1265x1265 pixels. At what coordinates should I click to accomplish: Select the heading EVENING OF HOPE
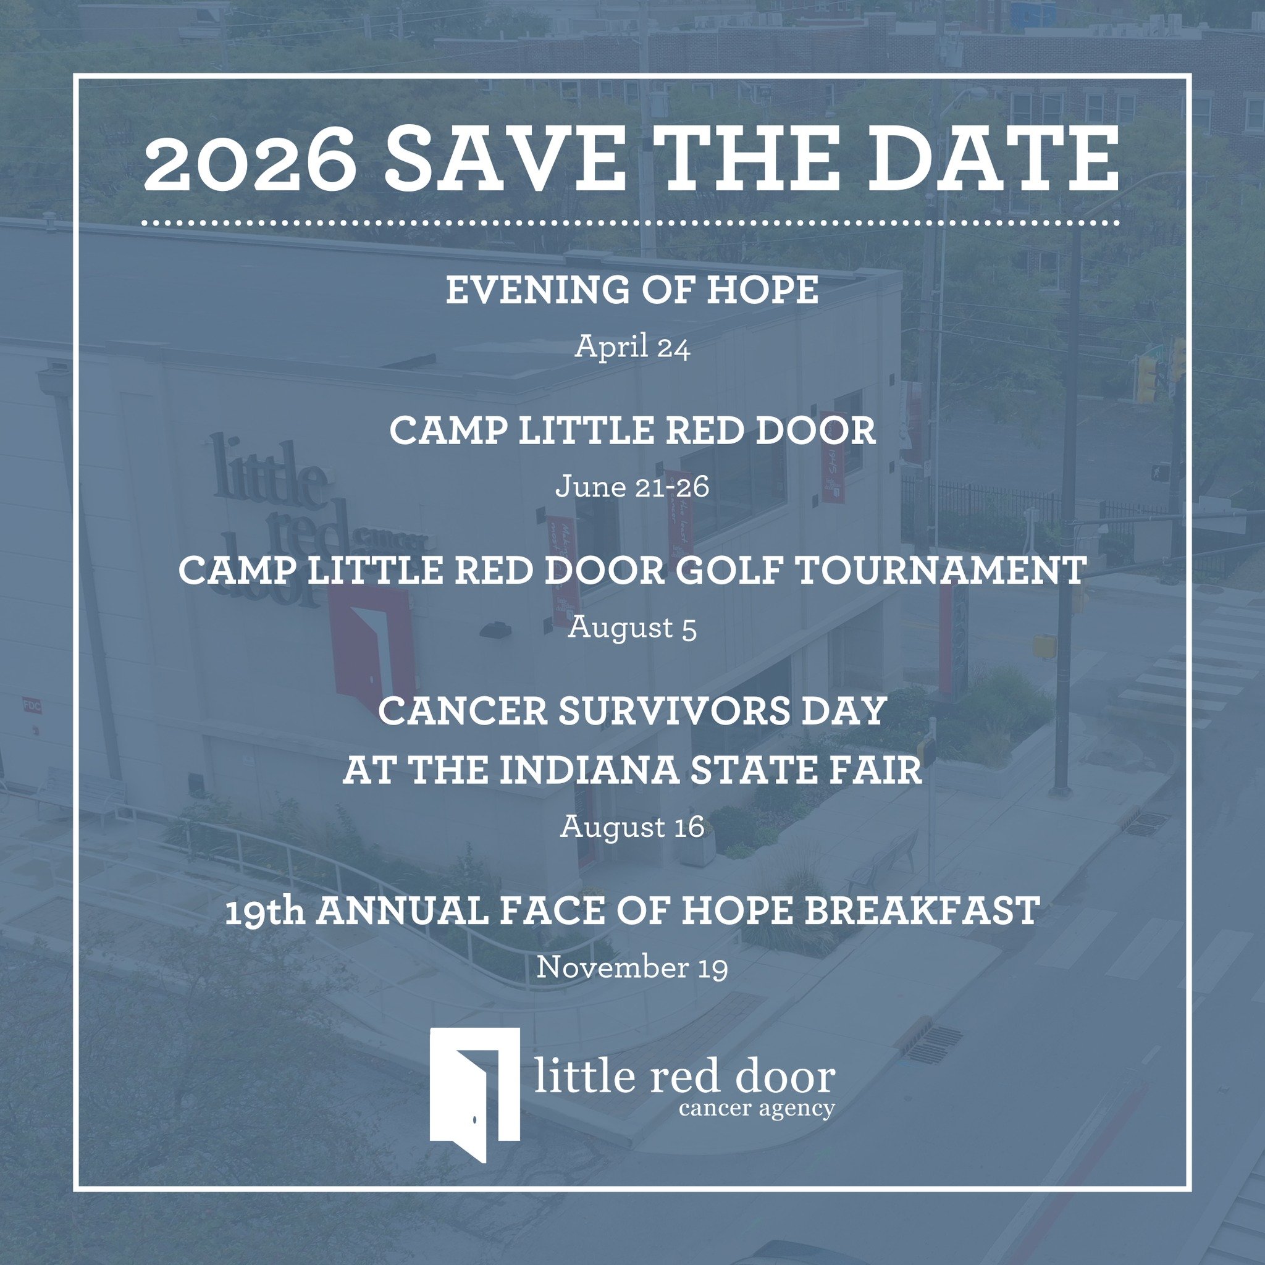(632, 290)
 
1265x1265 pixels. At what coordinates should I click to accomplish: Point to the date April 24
(632, 348)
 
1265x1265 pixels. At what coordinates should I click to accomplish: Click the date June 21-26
(632, 487)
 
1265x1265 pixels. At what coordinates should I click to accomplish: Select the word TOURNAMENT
(943, 571)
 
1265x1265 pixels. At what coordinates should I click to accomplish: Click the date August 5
(632, 628)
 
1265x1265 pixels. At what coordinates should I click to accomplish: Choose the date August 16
(632, 828)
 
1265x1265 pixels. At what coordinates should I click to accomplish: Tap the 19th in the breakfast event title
(264, 912)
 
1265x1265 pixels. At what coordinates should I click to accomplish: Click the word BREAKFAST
(921, 912)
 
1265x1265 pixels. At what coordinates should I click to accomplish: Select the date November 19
(632, 969)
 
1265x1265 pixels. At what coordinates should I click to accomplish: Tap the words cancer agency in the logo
(756, 1109)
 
